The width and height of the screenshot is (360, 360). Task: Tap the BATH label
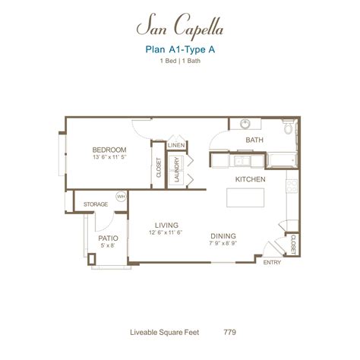[254, 141]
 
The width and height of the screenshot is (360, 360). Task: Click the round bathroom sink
[246, 125]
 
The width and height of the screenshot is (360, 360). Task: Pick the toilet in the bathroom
[286, 131]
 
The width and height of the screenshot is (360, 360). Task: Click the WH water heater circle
[120, 197]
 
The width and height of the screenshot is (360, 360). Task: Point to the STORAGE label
[95, 204]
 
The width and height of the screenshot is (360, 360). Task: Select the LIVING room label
[166, 226]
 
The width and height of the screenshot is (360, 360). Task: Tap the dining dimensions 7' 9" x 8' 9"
[223, 245]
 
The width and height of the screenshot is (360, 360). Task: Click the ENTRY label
[271, 263]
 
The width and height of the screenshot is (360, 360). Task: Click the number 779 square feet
[229, 331]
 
